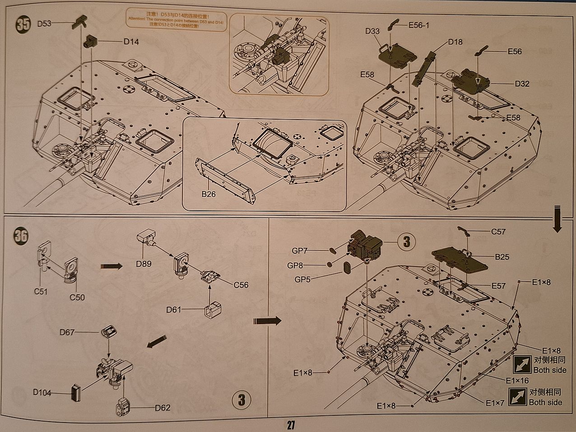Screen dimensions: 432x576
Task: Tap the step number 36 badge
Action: tap(21, 236)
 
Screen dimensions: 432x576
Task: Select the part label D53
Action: tap(44, 23)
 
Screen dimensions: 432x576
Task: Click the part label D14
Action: tap(131, 42)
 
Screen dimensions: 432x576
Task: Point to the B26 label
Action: tap(209, 195)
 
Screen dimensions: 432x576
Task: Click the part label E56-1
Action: tap(418, 25)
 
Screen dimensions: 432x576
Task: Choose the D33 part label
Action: tap(372, 31)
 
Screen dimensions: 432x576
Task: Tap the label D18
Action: tap(455, 42)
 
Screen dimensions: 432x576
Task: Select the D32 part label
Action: tap(522, 84)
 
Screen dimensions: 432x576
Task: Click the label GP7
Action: tap(300, 251)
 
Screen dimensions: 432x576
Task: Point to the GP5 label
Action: tap(302, 279)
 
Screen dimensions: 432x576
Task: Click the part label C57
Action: tap(498, 232)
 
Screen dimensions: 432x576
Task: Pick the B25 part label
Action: tap(502, 257)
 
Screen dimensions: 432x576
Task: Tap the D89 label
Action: tap(144, 264)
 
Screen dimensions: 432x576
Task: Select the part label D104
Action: tap(42, 392)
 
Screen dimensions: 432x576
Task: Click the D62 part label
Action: tap(163, 408)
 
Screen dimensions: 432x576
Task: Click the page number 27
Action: tap(290, 425)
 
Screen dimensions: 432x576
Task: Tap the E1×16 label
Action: tap(517, 381)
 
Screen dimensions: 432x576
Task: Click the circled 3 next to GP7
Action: tap(406, 242)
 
